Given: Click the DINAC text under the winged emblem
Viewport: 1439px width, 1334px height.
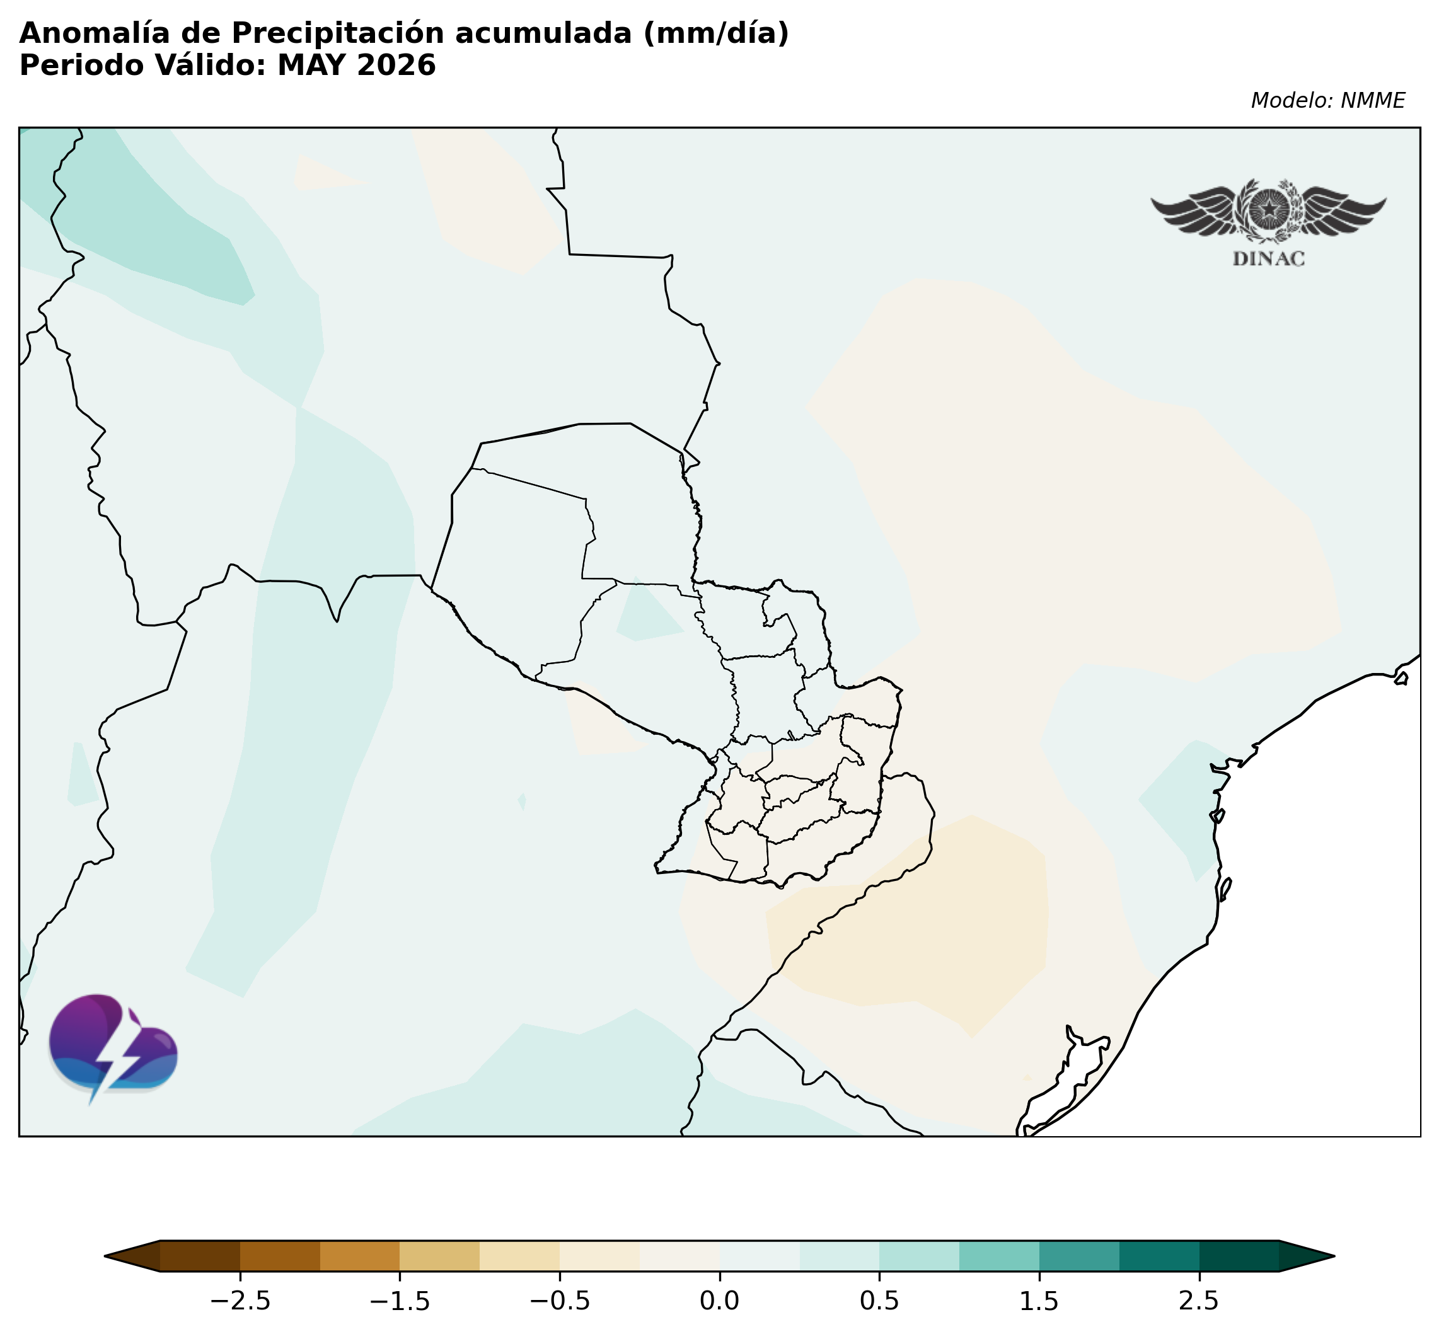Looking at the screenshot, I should point(1269,259).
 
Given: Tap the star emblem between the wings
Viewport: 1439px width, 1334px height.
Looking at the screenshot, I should point(1269,209).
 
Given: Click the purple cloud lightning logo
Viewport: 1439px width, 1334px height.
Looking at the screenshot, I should point(113,1055).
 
